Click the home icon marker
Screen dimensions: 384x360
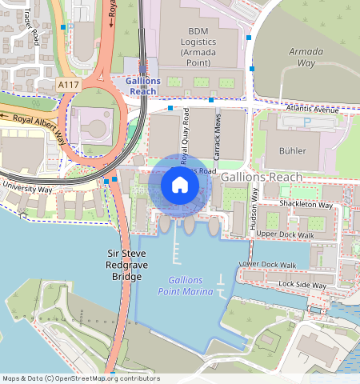point(180,186)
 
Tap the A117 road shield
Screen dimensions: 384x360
point(69,83)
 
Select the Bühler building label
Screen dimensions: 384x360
point(292,150)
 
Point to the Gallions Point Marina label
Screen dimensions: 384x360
point(191,286)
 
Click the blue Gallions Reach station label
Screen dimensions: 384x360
point(143,86)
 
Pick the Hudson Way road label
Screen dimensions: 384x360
point(255,210)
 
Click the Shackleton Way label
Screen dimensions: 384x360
point(305,205)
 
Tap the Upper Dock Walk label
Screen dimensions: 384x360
point(285,234)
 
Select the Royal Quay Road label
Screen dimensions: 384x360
point(185,136)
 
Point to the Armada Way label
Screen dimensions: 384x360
point(306,56)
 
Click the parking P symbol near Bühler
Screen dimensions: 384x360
point(308,122)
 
